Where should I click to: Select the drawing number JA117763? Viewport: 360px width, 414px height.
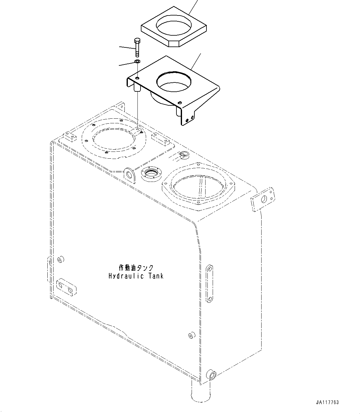(x=327, y=403)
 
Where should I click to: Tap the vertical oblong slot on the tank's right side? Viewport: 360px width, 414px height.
(x=209, y=283)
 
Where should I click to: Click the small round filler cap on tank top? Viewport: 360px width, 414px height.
(x=184, y=155)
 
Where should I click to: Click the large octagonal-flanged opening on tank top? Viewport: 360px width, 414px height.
(x=199, y=187)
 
